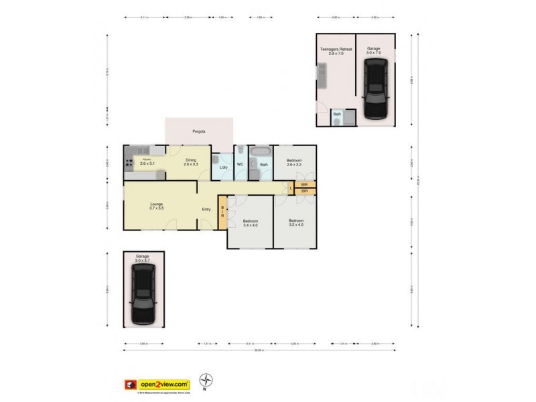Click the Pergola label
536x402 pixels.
(198, 131)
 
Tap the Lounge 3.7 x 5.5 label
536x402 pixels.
(157, 206)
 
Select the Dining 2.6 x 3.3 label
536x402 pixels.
(191, 161)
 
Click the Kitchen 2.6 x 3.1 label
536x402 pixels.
(147, 161)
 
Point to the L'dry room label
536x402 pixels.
(224, 167)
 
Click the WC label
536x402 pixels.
(239, 165)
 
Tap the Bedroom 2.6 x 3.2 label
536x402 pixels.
(295, 161)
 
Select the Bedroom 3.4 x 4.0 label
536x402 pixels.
(250, 222)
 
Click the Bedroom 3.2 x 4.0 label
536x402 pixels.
(296, 222)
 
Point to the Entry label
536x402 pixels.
(206, 210)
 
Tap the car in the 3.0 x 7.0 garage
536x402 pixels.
(375, 88)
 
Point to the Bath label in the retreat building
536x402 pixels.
(336, 114)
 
